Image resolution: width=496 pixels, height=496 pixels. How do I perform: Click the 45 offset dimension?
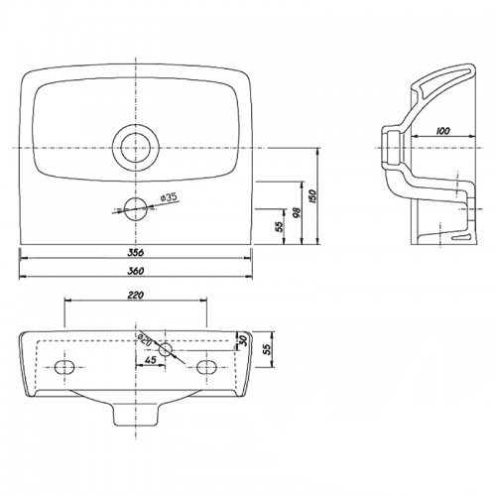[x=149, y=360]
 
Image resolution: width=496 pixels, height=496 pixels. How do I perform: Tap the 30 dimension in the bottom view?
[x=243, y=340]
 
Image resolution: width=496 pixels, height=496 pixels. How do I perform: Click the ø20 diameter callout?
[x=146, y=340]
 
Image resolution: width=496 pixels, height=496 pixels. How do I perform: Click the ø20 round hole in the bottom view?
[x=166, y=347]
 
